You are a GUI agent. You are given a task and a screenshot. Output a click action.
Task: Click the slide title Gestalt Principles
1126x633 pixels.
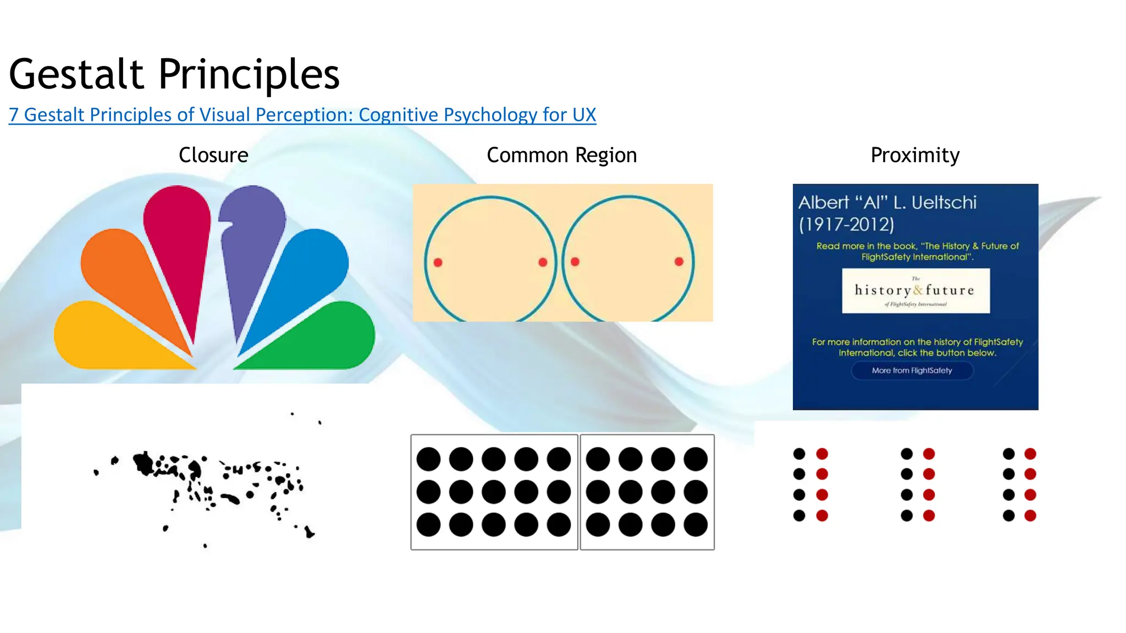coord(174,74)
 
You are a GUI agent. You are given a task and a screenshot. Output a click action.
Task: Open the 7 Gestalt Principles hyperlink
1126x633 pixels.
coord(302,115)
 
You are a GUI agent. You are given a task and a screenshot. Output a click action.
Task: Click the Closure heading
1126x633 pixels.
coord(213,155)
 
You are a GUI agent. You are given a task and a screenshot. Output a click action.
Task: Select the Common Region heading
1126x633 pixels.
coord(561,155)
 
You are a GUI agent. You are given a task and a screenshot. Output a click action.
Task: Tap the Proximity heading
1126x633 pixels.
coord(915,155)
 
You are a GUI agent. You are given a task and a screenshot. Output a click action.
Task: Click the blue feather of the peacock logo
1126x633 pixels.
coord(308,269)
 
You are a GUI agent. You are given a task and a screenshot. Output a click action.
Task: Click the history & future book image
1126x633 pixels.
coord(915,291)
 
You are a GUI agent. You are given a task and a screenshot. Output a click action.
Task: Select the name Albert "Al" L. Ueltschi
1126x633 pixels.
coord(887,203)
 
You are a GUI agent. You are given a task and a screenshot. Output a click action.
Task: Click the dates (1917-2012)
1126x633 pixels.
coord(846,224)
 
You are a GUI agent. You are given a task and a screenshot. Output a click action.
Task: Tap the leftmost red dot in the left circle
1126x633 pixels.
coord(438,263)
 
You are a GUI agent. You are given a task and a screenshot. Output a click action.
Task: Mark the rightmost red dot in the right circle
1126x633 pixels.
coord(679,262)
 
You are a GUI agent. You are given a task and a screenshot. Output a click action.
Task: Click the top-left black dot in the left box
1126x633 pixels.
coord(428,459)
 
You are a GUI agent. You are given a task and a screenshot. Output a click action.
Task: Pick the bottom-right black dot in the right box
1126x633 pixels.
coord(696,525)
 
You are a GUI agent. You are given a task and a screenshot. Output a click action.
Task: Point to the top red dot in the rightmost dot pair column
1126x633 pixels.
coord(1030,454)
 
